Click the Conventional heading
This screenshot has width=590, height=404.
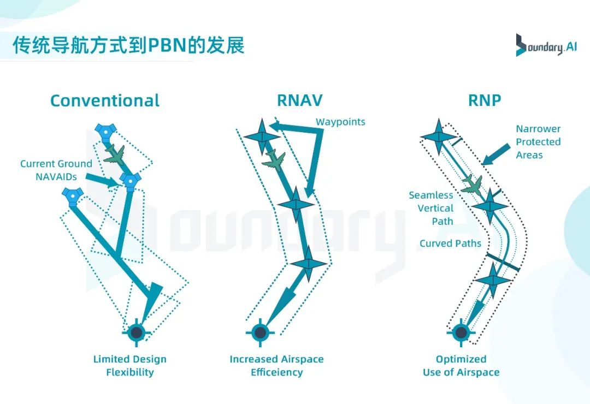click(x=105, y=101)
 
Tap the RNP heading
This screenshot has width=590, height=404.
click(x=485, y=101)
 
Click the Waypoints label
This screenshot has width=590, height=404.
click(x=340, y=122)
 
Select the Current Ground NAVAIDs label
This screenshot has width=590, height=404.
click(x=56, y=170)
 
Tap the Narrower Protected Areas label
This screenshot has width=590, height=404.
click(x=538, y=142)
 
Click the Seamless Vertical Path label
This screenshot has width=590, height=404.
click(x=431, y=208)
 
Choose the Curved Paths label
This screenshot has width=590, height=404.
click(x=450, y=243)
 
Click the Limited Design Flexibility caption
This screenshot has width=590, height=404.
click(x=129, y=366)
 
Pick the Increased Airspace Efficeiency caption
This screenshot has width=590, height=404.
click(x=276, y=366)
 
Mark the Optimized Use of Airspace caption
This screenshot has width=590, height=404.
click(x=461, y=366)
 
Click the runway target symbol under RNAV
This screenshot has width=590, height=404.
click(x=260, y=332)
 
